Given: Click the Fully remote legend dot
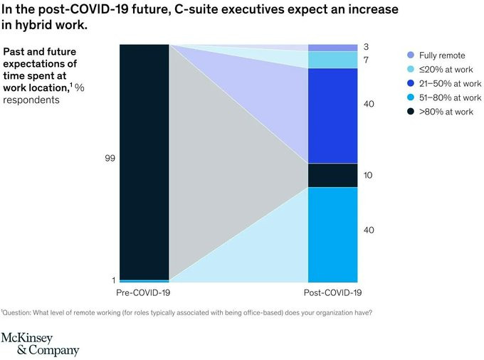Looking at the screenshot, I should coord(411,55).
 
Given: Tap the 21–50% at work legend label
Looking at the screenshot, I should coord(445,83).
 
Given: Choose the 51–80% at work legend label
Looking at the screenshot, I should coord(445,97).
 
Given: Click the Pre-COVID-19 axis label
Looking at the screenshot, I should coord(143,292).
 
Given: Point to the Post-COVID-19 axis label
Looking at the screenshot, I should coord(333,292).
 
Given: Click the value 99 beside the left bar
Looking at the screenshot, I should coord(110,158).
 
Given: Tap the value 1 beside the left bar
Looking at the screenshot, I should coord(114,280).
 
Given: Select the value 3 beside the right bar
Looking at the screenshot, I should coord(365,47).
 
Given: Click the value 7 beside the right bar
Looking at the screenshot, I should coord(365,60).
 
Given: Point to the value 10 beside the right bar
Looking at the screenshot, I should coord(367,175).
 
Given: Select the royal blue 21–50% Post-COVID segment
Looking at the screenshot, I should coord(332,115).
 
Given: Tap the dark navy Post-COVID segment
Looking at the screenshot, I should coord(332,175).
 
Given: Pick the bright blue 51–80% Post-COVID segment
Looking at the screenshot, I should coord(332,234).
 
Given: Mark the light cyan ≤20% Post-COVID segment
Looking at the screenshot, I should coord(332,60).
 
